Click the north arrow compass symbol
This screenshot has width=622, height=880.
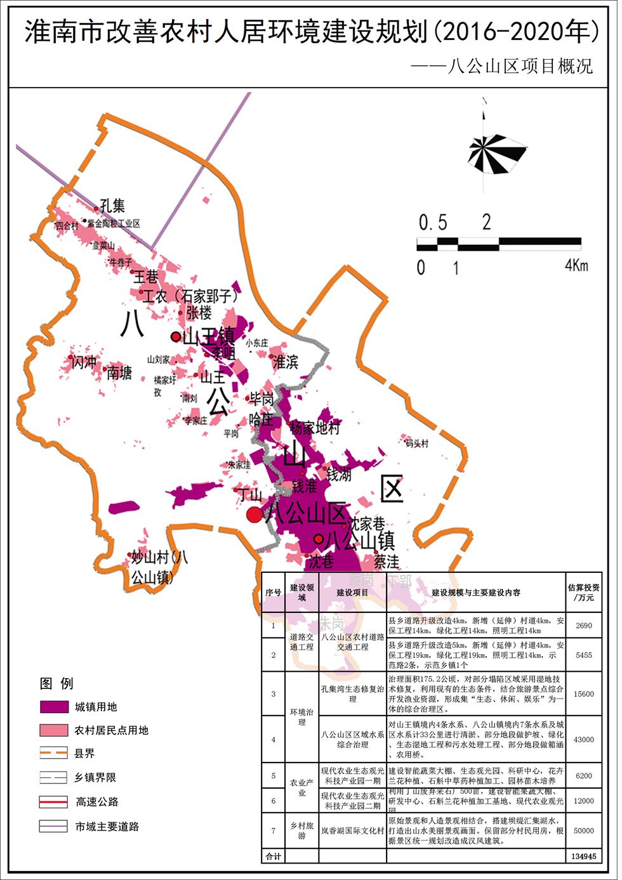pyautogui.click(x=497, y=153)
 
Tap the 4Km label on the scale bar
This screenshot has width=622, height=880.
pyautogui.click(x=576, y=265)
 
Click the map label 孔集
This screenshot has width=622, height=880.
pyautogui.click(x=112, y=206)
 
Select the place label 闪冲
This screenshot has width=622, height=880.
pyautogui.click(x=84, y=362)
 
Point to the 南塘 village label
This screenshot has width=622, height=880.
pyautogui.click(x=119, y=372)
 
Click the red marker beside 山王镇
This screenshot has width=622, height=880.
pyautogui.click(x=175, y=336)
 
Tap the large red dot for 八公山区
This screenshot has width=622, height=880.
pyautogui.click(x=254, y=514)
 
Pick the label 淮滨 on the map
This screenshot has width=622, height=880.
pyautogui.click(x=285, y=362)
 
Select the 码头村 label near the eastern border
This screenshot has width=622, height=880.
pyautogui.click(x=417, y=443)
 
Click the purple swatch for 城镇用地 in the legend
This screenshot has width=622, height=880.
pyautogui.click(x=53, y=707)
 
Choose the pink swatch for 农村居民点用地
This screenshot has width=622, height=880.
pyautogui.click(x=53, y=730)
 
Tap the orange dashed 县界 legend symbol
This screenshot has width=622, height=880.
pyautogui.click(x=53, y=753)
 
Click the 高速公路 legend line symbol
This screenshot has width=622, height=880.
pyautogui.click(x=53, y=801)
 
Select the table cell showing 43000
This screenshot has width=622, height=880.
pyautogui.click(x=583, y=739)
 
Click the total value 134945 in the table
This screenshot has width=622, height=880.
pyautogui.click(x=583, y=856)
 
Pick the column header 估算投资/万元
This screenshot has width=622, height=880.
pyautogui.click(x=583, y=592)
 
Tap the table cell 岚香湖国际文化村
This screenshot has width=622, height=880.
pyautogui.click(x=352, y=831)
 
